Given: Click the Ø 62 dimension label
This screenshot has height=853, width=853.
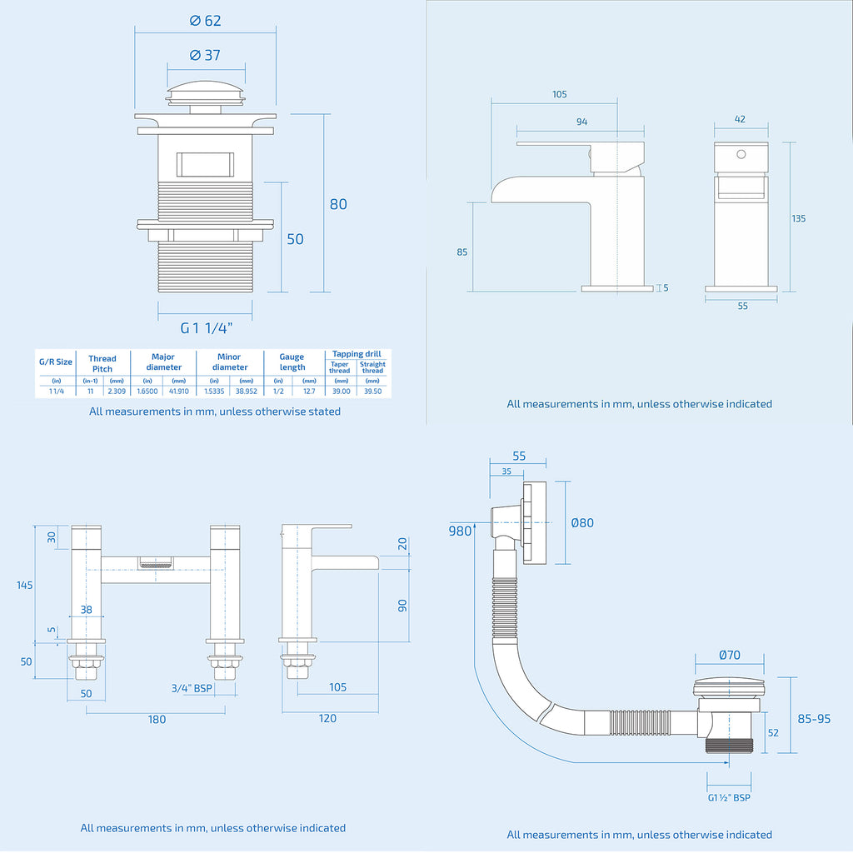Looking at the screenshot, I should tap(206, 21).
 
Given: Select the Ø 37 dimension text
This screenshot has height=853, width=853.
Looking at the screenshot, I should tap(206, 55).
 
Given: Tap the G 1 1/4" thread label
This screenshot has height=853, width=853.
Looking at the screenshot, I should tap(206, 328).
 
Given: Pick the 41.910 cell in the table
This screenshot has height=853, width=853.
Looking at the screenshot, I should tap(178, 391).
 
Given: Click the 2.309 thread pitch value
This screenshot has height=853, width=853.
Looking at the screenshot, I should tap(117, 391).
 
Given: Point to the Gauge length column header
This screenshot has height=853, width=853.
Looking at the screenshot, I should tap(292, 362).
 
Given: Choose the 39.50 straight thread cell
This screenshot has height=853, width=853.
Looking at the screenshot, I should tap(372, 391).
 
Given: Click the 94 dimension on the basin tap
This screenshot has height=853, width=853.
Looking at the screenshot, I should tap(581, 122).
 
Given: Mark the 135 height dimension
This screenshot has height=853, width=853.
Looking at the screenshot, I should tap(798, 218).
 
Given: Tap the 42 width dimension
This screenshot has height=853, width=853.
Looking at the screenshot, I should tap(740, 119).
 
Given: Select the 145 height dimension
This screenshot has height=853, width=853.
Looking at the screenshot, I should tap(24, 585).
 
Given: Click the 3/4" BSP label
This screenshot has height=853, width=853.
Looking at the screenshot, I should tap(191, 689).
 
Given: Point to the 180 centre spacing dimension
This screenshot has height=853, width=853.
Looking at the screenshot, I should tap(157, 719).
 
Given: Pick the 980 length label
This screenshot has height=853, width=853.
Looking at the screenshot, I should tap(460, 531).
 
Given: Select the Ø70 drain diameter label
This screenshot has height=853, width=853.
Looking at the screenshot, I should tap(729, 655).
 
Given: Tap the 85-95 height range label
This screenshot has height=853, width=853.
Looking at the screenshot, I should tap(813, 718).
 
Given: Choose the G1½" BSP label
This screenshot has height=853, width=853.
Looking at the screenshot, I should tap(729, 797).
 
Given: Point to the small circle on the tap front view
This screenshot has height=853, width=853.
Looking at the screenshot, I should tap(740, 154).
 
